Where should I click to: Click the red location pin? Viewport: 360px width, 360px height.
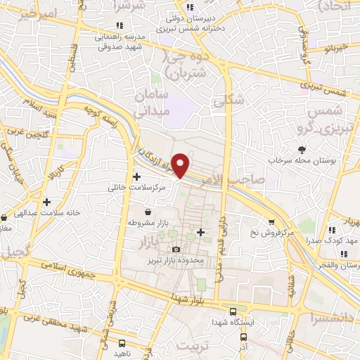(x=181, y=164)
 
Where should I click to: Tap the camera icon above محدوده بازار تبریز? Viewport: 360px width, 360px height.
(x=176, y=250)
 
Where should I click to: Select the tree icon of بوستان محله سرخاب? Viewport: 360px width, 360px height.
(x=302, y=149)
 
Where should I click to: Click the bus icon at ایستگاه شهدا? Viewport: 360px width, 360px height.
(x=233, y=311)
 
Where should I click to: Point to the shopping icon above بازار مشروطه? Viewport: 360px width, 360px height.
(x=148, y=211)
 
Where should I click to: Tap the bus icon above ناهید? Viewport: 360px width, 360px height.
(x=122, y=344)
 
